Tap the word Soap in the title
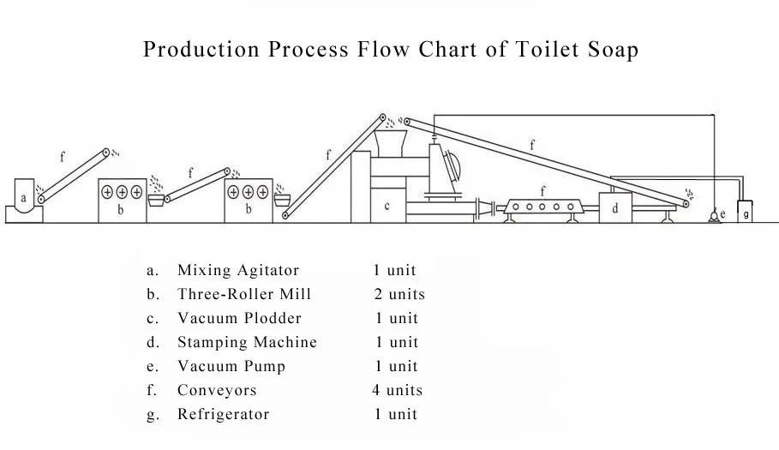[x=612, y=50]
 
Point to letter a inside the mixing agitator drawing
[x=24, y=199]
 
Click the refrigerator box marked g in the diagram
[x=746, y=213]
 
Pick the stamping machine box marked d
[x=615, y=208]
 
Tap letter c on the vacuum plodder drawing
[x=387, y=206]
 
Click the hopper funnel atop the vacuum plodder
[x=392, y=141]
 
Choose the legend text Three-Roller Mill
[x=244, y=294]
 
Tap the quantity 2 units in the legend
[x=399, y=294]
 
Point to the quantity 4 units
[x=398, y=390]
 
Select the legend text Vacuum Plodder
[x=239, y=318]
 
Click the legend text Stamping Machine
[x=247, y=342]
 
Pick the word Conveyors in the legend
[x=217, y=390]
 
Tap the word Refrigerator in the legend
[x=223, y=414]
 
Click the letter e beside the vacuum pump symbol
[x=722, y=213]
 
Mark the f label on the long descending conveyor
[x=532, y=146]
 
